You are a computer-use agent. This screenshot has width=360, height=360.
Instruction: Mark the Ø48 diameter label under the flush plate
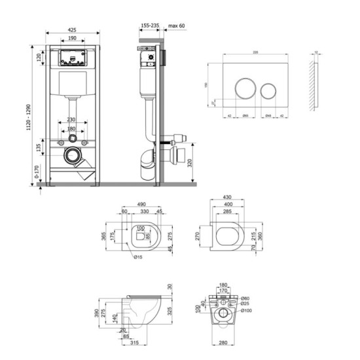point(268,115)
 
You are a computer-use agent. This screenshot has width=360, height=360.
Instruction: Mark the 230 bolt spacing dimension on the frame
point(73,120)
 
